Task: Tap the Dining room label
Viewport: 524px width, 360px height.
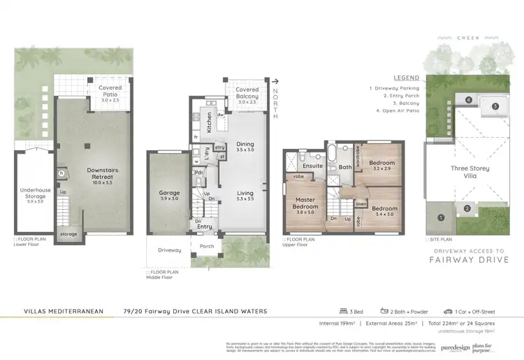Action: [245, 147]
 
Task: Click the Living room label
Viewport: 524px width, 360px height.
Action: [245, 195]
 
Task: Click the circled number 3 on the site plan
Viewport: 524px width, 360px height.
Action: [495, 106]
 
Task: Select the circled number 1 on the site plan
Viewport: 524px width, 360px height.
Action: [440, 217]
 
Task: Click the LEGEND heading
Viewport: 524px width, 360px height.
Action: [406, 78]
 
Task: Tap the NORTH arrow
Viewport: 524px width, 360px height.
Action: [277, 81]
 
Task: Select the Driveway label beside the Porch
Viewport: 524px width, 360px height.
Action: [169, 250]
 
